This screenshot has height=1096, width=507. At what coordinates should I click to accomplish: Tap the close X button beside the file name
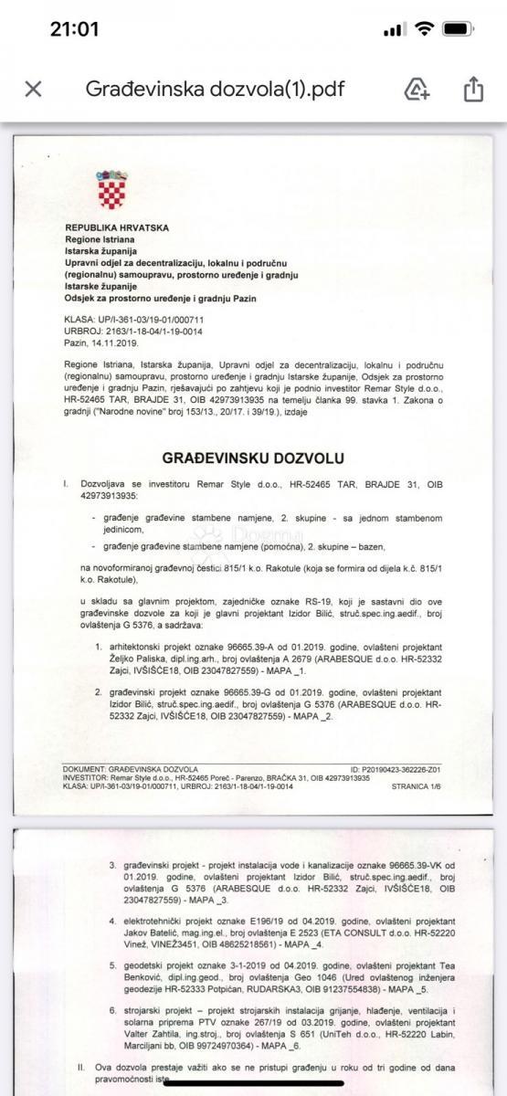pos(33,89)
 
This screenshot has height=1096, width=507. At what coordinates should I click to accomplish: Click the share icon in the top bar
pos(472,89)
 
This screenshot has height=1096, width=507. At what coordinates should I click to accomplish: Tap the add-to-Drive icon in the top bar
pos(417,89)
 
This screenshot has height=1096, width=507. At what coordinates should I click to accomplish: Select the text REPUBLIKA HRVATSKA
pos(117,227)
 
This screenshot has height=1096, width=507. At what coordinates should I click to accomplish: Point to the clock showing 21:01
pos(74,28)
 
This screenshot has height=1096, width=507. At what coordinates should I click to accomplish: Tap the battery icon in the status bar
pos(458,28)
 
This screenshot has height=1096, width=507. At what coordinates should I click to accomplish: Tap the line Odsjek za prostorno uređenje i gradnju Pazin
pos(161,298)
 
